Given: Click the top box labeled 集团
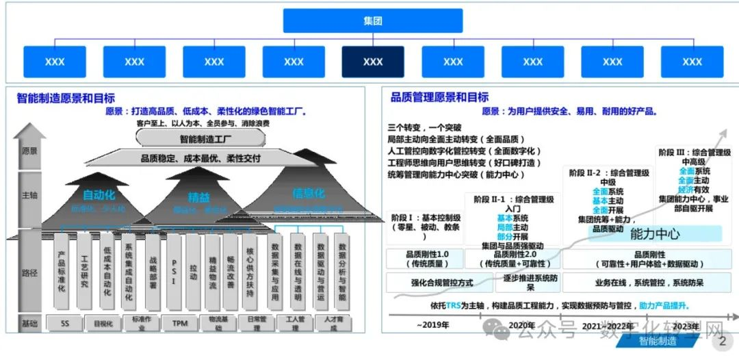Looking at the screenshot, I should (x=373, y=21).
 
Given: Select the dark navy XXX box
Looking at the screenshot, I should (x=373, y=62).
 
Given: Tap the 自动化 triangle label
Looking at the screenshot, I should (x=99, y=195).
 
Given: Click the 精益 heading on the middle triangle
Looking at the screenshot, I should (x=199, y=198).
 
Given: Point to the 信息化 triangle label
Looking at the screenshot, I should (x=307, y=193).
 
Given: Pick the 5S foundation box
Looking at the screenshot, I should (x=65, y=323).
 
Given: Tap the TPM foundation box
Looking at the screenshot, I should (x=180, y=323).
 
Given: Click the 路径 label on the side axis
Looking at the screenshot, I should (x=29, y=273).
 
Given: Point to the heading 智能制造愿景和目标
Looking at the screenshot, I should (x=66, y=98).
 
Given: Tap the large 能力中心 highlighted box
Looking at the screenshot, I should (x=655, y=233).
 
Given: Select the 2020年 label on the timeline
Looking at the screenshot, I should (x=521, y=324).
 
